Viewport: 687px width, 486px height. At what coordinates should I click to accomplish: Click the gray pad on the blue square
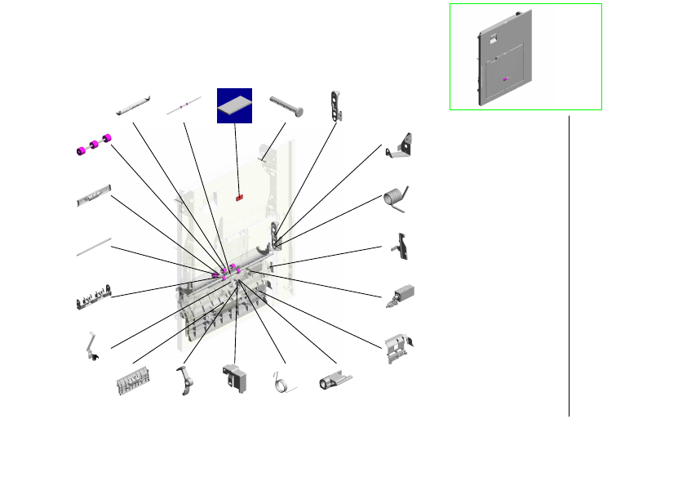(235, 105)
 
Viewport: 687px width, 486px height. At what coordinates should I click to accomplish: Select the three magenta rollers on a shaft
(93, 145)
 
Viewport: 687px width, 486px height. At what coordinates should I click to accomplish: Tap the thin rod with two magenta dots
(184, 106)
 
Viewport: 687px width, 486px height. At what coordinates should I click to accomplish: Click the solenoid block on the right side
(401, 295)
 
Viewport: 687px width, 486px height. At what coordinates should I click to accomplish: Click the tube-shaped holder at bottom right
(335, 381)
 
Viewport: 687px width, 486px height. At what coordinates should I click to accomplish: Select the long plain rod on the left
(94, 247)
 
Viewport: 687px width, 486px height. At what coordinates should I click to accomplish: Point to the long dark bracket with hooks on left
(94, 298)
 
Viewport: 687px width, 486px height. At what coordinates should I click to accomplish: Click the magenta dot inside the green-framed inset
(506, 78)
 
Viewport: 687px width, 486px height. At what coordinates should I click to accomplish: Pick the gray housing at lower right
(398, 346)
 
